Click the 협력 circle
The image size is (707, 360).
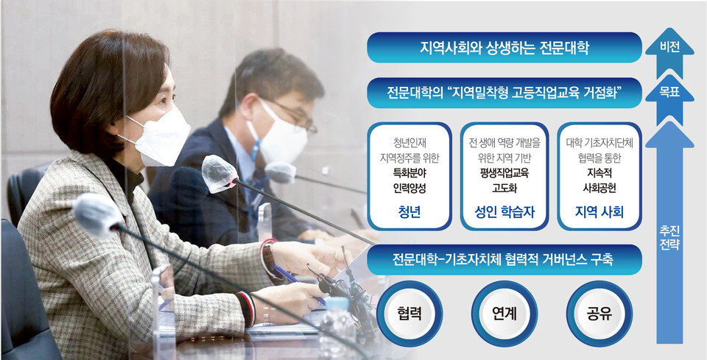pos(409,314)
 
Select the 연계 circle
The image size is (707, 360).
pos(504,314)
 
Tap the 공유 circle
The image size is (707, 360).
pos(599,314)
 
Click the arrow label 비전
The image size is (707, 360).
pos(669,48)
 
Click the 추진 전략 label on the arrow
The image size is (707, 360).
pos(669,239)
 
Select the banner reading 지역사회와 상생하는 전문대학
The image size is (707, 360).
pos(504,47)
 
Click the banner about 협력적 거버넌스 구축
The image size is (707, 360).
pos(504,260)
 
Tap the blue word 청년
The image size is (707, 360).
pos(409,212)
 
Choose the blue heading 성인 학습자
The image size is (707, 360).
pos(504,212)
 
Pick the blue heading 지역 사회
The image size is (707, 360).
pos(599,212)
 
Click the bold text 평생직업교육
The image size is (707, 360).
pos(504,173)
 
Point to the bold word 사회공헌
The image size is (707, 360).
pos(599,188)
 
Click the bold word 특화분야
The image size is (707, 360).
pos(409,173)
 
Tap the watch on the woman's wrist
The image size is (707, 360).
pos(269,258)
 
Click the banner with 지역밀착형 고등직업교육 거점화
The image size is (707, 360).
pos(504,93)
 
